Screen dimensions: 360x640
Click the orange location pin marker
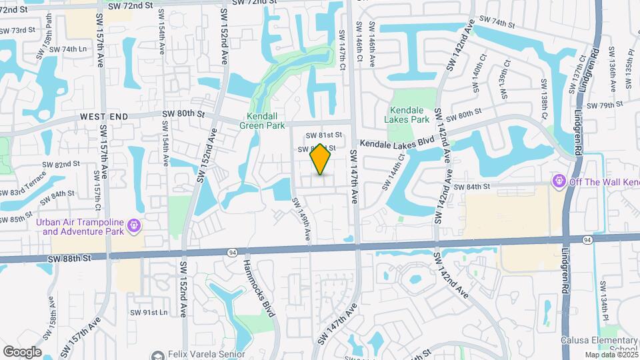[321, 160]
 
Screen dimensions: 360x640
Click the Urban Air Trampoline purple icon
[135, 226]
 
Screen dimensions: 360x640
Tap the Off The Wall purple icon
[557, 181]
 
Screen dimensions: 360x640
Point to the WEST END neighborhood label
[103, 116]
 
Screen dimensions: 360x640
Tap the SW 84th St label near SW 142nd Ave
[472, 187]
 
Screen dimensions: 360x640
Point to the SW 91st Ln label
[149, 312]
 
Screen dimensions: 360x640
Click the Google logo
[22, 351]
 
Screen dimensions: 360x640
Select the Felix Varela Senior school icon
[158, 355]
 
